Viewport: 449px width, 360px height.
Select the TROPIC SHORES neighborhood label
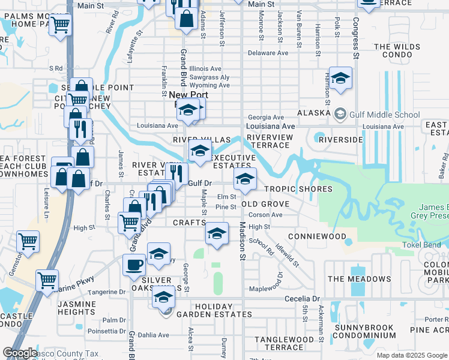(298, 189)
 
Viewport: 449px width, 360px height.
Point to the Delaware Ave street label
(268, 53)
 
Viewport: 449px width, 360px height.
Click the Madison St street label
(243, 242)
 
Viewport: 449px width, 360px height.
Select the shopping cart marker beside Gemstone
(28, 241)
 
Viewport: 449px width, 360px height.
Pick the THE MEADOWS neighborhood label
(359, 279)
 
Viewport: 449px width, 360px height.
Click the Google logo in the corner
(20, 353)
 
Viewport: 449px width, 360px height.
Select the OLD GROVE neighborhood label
(265, 204)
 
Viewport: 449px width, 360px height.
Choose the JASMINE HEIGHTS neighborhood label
(76, 308)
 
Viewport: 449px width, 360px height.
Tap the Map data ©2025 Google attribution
(411, 355)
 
